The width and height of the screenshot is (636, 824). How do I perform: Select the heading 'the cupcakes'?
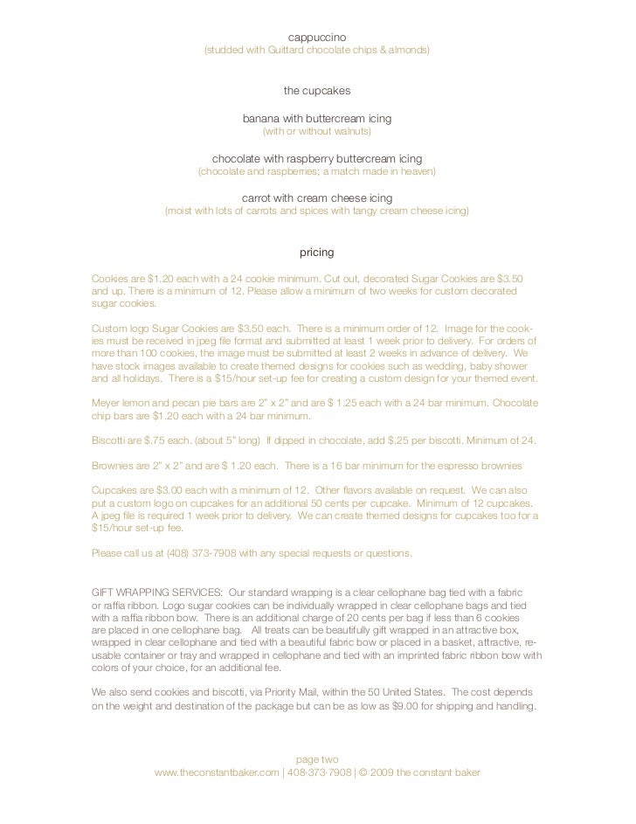(x=317, y=90)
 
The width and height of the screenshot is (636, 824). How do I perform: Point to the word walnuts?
(x=350, y=132)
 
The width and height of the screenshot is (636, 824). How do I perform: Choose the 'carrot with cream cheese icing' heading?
(x=317, y=197)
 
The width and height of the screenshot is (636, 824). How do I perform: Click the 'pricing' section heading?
(x=317, y=253)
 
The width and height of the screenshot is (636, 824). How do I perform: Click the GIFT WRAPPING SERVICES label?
(x=156, y=588)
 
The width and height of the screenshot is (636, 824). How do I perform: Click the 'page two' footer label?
(x=317, y=759)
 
